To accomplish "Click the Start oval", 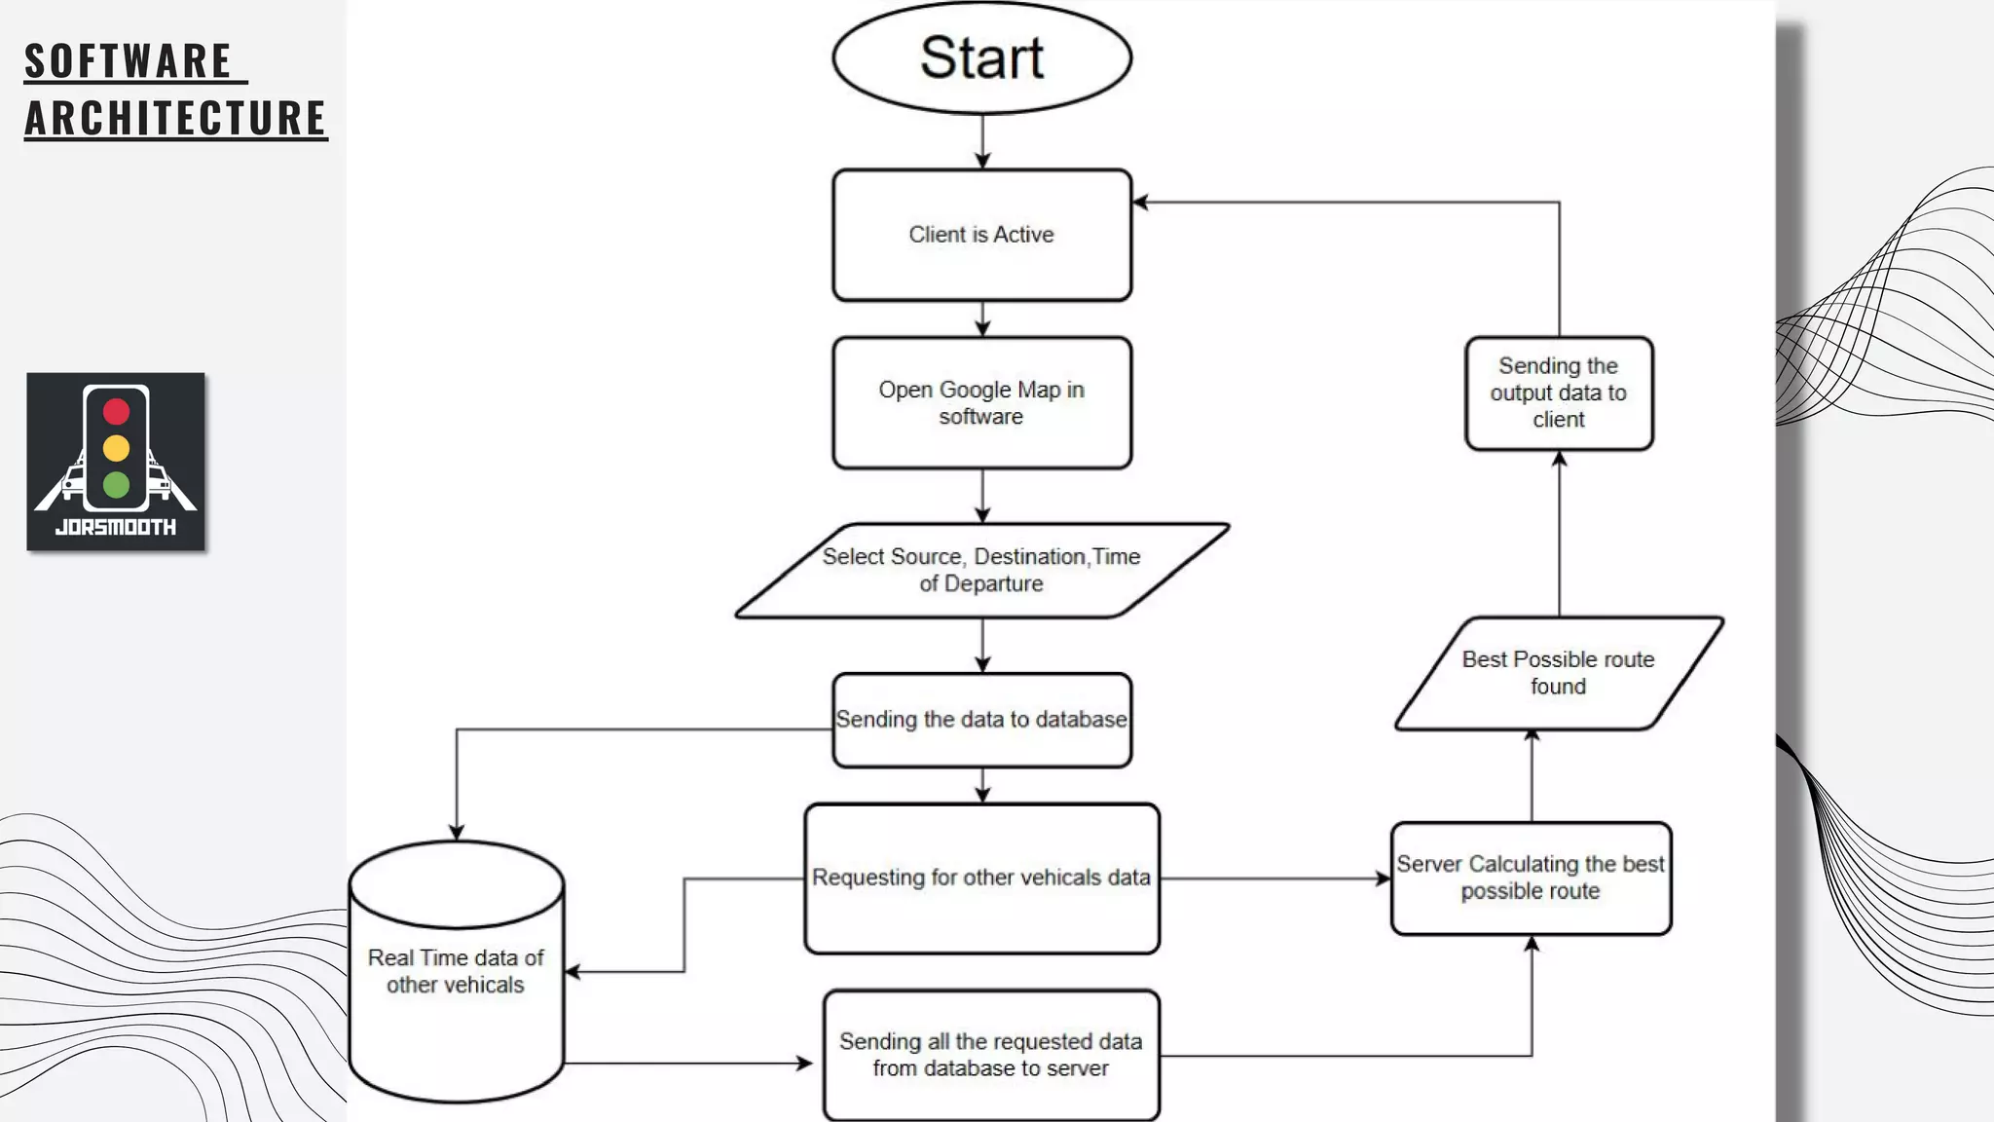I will (981, 58).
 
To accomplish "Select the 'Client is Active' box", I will (981, 235).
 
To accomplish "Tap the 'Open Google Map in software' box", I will (981, 402).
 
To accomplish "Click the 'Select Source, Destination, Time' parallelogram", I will (981, 571).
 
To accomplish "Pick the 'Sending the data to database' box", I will (981, 720).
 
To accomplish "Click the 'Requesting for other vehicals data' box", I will (981, 878).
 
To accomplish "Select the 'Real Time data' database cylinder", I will (456, 972).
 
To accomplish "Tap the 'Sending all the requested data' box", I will (991, 1055).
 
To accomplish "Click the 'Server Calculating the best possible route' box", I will (1531, 878).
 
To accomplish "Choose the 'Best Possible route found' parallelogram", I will (1558, 673).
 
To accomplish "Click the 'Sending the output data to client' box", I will (1558, 393).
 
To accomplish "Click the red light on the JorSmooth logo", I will (116, 411).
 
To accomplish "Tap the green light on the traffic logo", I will (116, 484).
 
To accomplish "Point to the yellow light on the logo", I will (116, 448).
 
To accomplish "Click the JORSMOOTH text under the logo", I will (116, 527).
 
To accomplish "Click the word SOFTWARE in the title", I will (129, 61).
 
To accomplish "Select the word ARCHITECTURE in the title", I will (175, 118).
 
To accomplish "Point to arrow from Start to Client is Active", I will (981, 142).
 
